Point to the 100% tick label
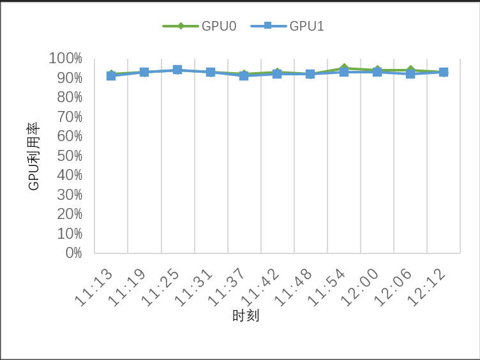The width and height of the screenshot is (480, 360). click(66, 59)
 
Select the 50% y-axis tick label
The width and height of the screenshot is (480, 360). click(69, 156)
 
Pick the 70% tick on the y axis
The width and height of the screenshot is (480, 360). click(69, 117)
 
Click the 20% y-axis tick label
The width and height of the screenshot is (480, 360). click(69, 214)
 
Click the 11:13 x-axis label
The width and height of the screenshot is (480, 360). click(94, 288)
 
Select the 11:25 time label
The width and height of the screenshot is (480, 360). click(161, 288)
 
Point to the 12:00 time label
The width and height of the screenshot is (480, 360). click(361, 288)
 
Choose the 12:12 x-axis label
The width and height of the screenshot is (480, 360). click(428, 288)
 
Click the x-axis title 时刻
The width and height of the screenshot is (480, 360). click(245, 316)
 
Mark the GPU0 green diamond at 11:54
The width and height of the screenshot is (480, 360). click(344, 68)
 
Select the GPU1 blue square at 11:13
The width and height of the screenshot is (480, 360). click(111, 76)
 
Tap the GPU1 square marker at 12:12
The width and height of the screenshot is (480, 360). click(444, 72)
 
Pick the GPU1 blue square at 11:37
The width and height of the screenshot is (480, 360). click(244, 76)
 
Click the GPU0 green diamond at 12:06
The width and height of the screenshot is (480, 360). click(410, 70)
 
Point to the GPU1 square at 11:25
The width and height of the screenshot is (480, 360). click(177, 70)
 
